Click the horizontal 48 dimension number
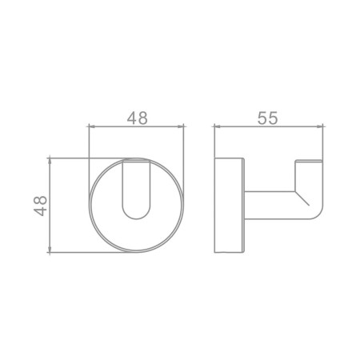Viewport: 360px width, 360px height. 137,118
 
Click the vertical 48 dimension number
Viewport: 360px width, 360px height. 40,206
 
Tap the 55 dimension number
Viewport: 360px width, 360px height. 267,118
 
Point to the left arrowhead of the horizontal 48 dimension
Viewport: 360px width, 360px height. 91,126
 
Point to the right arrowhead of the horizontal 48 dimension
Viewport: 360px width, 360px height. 181,126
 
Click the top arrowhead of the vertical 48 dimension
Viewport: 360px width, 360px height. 50,162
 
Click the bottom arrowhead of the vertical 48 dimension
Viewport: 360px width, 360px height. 50,249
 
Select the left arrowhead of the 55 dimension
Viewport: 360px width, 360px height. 218,126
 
